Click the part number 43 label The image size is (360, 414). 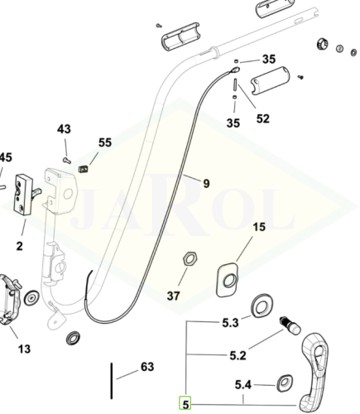point(64,129)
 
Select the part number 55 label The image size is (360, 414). point(105,142)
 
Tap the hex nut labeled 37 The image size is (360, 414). point(190,259)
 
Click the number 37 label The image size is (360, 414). point(173,296)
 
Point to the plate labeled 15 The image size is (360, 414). point(228,280)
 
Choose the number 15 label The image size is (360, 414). point(259,227)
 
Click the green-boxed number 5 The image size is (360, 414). point(185,404)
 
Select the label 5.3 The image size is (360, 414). point(230,323)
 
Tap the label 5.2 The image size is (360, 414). point(238,355)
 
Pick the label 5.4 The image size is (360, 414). point(243,385)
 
